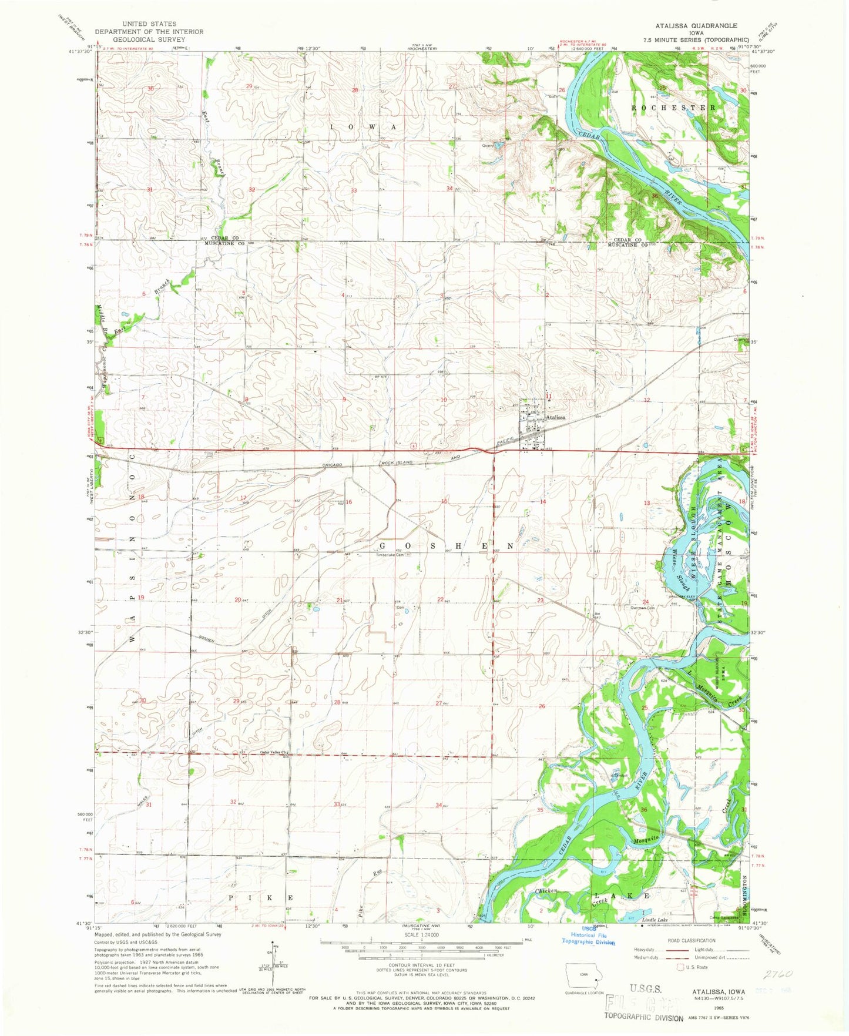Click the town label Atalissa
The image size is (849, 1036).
(x=555, y=417)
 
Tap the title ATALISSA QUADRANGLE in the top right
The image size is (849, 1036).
(x=696, y=26)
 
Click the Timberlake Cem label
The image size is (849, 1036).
(x=391, y=555)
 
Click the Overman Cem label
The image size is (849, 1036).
(x=642, y=608)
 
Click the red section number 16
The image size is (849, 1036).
(x=348, y=502)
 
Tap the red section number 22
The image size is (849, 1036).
(x=440, y=599)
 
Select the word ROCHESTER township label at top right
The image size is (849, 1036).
(x=673, y=108)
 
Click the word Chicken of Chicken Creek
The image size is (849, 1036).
(x=546, y=891)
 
